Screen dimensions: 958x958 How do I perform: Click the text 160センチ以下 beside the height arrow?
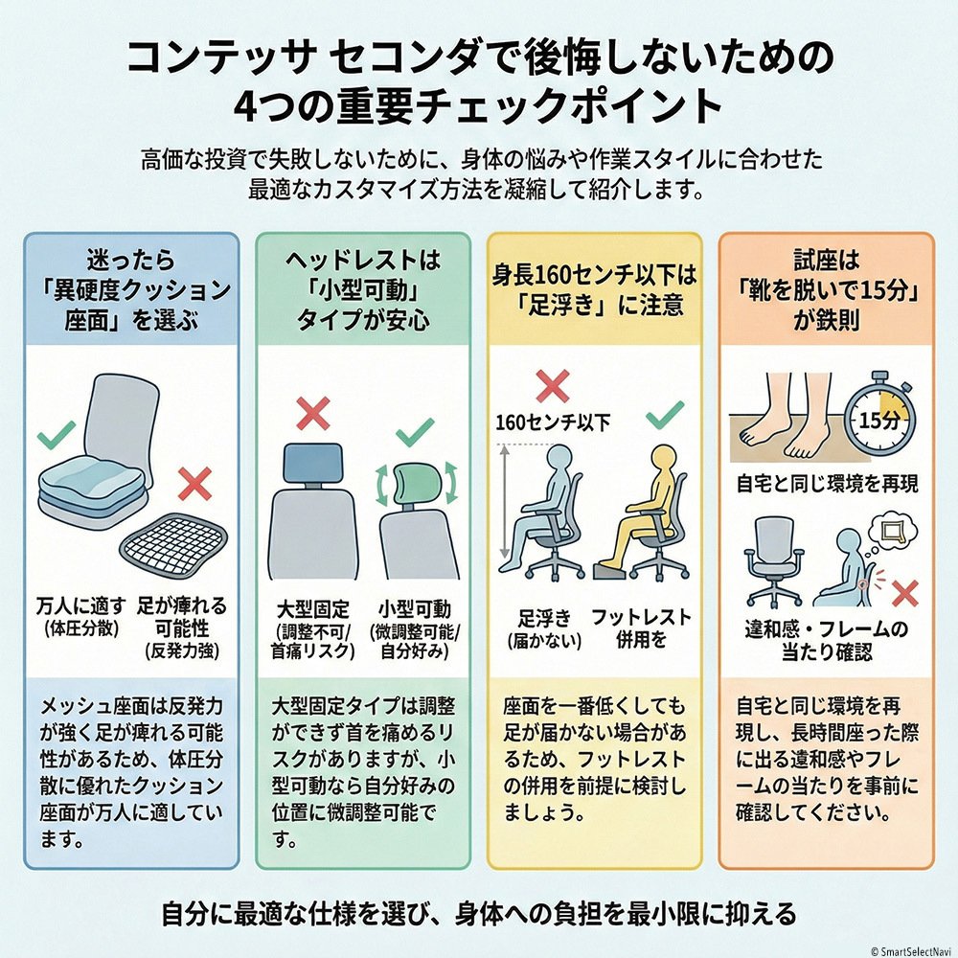pyautogui.click(x=552, y=421)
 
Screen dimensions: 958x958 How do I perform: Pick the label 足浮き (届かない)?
pyautogui.click(x=543, y=627)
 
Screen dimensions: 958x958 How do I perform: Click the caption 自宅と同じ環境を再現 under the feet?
pyautogui.click(x=827, y=483)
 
